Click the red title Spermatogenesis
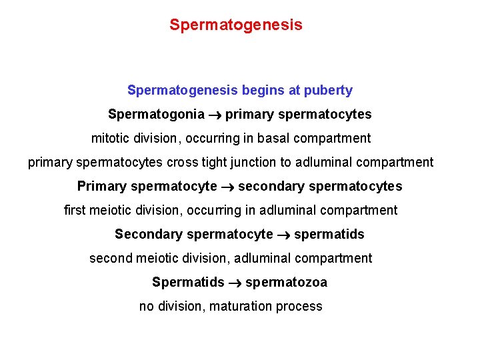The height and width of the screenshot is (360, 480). click(x=235, y=25)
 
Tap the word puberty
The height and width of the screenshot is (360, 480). click(x=328, y=90)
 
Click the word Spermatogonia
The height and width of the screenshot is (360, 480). click(x=156, y=115)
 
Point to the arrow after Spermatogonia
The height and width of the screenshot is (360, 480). click(x=215, y=115)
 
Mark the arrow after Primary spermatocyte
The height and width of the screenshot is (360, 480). click(x=227, y=187)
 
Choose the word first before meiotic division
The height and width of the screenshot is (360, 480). click(x=75, y=210)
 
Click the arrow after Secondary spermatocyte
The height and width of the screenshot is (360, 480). click(x=283, y=235)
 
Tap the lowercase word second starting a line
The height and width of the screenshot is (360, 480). click(x=110, y=258)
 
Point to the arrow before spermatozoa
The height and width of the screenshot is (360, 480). click(x=235, y=283)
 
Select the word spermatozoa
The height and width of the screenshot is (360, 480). click(x=286, y=283)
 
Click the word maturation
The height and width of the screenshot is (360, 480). click(x=240, y=307)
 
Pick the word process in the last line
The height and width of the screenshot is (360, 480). click(x=300, y=307)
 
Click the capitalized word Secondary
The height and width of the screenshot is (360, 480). click(x=148, y=234)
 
